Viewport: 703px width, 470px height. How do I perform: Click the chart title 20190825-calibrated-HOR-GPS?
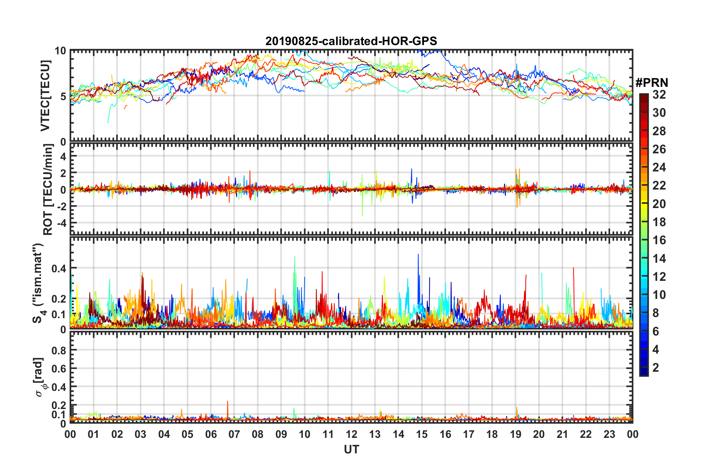[x=351, y=41]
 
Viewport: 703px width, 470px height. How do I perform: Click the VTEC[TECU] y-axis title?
[x=45, y=96]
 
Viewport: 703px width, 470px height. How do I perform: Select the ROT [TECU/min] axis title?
[x=48, y=190]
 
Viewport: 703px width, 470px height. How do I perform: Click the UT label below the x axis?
[x=351, y=450]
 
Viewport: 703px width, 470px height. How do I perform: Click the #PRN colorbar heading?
[x=652, y=83]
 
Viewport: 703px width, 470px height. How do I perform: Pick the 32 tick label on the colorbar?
[x=659, y=95]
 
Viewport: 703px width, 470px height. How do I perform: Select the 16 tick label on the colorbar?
[x=659, y=241]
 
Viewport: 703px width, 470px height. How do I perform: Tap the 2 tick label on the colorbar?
[x=656, y=368]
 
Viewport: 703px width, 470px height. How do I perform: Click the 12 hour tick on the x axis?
[x=351, y=434]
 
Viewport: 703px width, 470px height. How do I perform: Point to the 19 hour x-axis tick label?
[x=516, y=434]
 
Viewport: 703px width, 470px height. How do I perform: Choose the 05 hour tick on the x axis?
[x=187, y=434]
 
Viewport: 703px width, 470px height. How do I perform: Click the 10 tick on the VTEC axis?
[x=60, y=51]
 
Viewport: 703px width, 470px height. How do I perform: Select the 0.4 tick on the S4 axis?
[x=59, y=268]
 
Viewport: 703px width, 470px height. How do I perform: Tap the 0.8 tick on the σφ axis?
[x=59, y=350]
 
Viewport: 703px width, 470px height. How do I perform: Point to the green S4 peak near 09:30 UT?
[x=295, y=258]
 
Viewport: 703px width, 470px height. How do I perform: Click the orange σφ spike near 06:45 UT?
[x=228, y=402]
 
